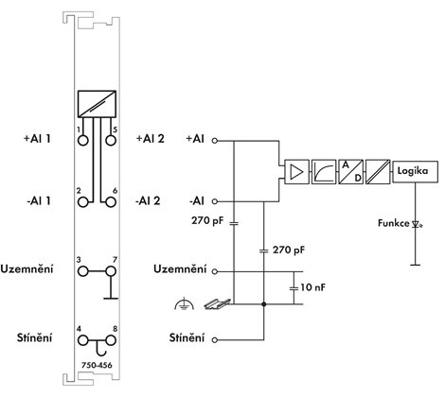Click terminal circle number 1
coord(83,140)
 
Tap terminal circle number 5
coord(111,140)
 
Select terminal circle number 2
coord(83,202)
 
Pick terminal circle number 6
coord(111,202)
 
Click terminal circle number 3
coord(83,271)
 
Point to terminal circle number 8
coord(111,340)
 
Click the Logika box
coord(415,171)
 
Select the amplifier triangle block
coord(296,172)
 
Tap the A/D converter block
coord(351,172)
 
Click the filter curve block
coord(324,172)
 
